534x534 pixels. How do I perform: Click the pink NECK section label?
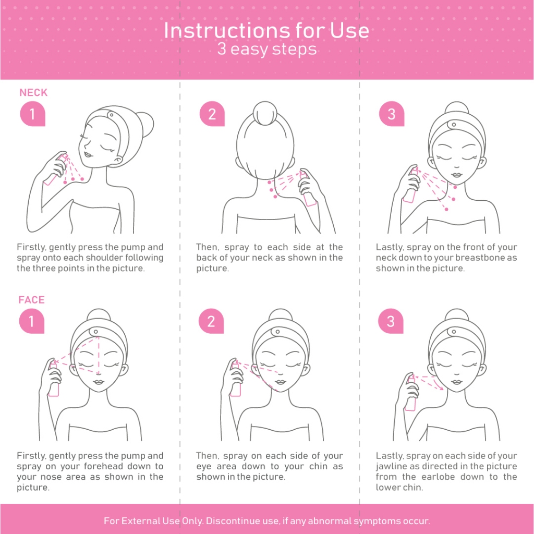(x=33, y=93)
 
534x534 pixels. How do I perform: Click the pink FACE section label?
(x=32, y=300)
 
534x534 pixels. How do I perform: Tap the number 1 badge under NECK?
(x=33, y=114)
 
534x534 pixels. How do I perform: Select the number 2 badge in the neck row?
(x=212, y=114)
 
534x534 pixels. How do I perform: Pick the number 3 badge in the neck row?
(x=392, y=114)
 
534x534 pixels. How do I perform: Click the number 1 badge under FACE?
(x=32, y=321)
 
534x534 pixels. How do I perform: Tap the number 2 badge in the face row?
(x=211, y=321)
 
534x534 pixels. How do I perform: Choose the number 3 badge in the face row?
(x=391, y=321)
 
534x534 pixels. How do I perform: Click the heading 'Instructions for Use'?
(x=266, y=30)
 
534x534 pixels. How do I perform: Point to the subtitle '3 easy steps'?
(x=267, y=49)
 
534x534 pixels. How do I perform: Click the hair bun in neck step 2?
(x=265, y=113)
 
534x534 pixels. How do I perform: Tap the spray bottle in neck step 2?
(x=308, y=189)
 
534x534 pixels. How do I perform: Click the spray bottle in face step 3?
(x=411, y=393)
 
